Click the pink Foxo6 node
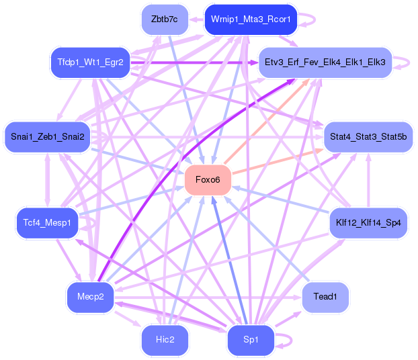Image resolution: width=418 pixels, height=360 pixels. pyautogui.click(x=208, y=180)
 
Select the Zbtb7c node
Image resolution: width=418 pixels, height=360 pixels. pyautogui.click(x=165, y=19)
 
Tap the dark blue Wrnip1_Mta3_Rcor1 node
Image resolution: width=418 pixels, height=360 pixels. pyautogui.click(x=251, y=19)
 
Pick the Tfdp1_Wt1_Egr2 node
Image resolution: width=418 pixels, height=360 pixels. pyautogui.click(x=90, y=62)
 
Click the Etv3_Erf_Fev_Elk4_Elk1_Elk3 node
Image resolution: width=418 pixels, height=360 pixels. pyautogui.click(x=325, y=62)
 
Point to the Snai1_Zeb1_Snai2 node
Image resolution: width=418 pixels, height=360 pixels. pyautogui.click(x=48, y=137)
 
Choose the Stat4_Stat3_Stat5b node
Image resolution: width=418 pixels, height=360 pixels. pyautogui.click(x=368, y=137)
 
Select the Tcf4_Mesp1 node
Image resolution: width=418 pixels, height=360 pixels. pyautogui.click(x=47, y=223)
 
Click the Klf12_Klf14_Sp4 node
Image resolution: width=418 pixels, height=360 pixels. pyautogui.click(x=368, y=223)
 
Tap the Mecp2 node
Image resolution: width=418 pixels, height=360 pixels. pyautogui.click(x=90, y=297)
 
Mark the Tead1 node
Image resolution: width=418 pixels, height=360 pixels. pyautogui.click(x=325, y=297)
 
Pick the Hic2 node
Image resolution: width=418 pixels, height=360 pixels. pyautogui.click(x=165, y=340)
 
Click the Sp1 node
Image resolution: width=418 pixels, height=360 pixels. pyautogui.click(x=251, y=340)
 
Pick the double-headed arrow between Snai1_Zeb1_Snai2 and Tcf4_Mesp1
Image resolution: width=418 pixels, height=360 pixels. pyautogui.click(x=48, y=180)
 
